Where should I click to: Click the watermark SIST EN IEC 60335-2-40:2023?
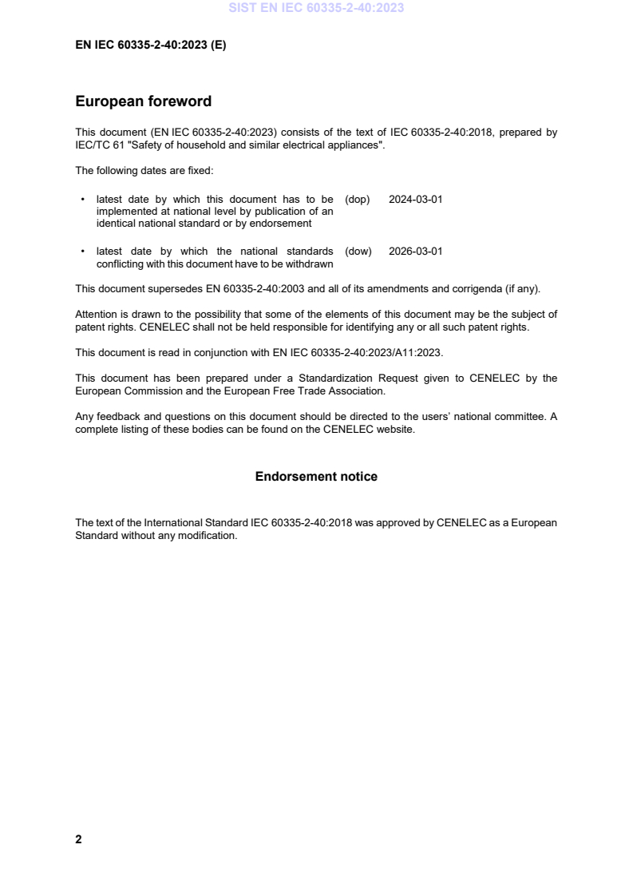click(316, 8)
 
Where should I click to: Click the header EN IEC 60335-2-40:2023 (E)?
click(150, 46)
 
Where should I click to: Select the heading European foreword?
click(143, 101)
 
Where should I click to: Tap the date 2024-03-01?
click(415, 200)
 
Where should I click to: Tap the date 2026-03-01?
click(415, 252)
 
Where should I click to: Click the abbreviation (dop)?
click(358, 200)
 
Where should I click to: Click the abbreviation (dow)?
click(358, 252)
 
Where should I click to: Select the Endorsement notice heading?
click(316, 477)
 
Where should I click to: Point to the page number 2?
click(78, 839)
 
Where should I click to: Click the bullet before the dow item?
click(83, 252)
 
